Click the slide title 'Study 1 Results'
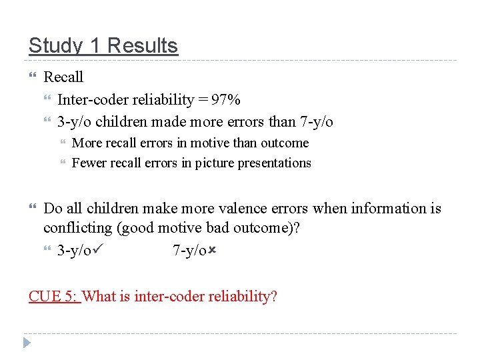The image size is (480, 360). [x=103, y=46]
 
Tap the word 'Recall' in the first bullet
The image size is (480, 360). [x=63, y=77]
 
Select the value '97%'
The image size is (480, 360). [x=226, y=100]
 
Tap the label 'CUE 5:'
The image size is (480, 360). [x=54, y=296]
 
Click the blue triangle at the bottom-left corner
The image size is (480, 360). [x=27, y=344]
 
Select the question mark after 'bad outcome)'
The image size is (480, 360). [x=297, y=229]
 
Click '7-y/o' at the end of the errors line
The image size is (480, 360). [x=315, y=122]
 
